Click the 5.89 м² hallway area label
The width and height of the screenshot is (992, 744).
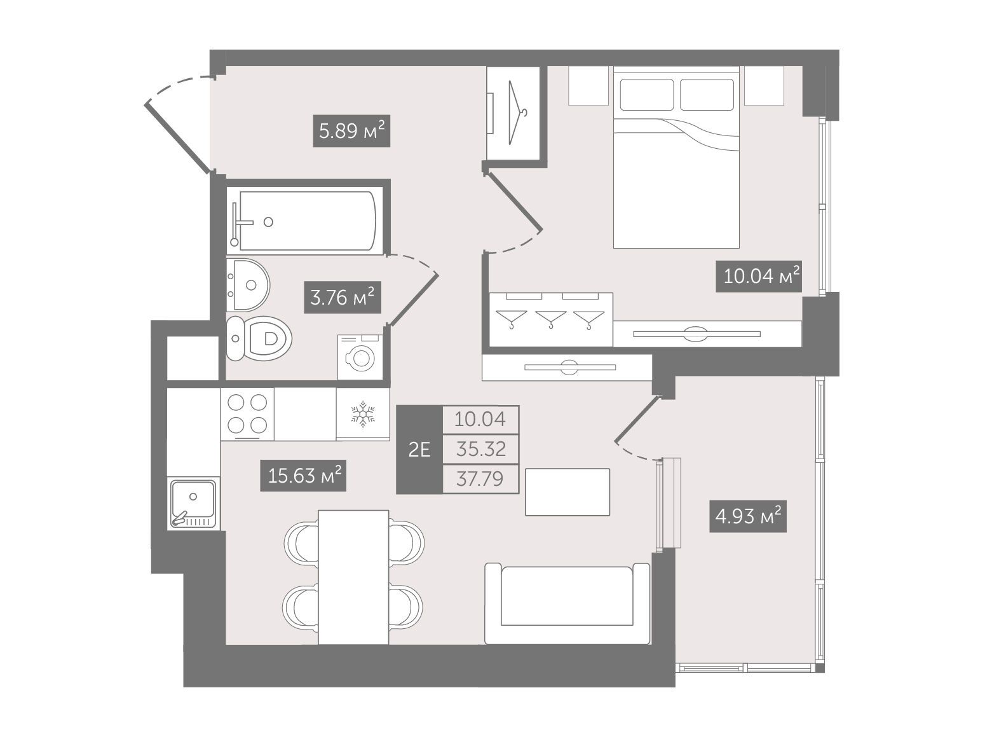tap(351, 131)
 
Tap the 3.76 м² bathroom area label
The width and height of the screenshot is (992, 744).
tap(342, 298)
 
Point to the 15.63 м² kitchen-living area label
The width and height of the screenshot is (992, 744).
tap(302, 475)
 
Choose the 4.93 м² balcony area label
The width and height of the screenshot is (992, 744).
tap(748, 516)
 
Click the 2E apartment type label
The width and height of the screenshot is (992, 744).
tap(419, 450)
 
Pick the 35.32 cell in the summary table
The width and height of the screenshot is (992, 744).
tap(480, 449)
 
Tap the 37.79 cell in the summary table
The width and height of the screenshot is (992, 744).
tap(480, 479)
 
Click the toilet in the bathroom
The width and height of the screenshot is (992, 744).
tap(259, 338)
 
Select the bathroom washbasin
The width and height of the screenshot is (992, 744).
tap(248, 285)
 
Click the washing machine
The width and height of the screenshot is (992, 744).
tap(360, 357)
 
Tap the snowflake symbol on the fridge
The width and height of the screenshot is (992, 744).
tap(363, 414)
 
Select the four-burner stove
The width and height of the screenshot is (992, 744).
tap(247, 413)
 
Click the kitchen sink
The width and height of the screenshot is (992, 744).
tap(193, 503)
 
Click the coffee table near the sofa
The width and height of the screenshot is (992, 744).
tap(567, 492)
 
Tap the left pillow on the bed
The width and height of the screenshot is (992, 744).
tap(647, 95)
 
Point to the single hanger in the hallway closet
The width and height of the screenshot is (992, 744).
tap(517, 113)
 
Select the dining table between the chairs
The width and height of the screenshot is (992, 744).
tap(353, 577)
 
